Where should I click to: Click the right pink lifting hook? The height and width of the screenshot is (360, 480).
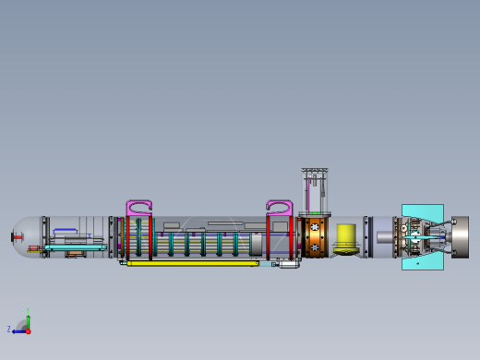(x=280, y=208)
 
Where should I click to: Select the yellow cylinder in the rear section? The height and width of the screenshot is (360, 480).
(x=346, y=237)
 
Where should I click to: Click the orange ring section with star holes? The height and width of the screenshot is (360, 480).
(x=315, y=237)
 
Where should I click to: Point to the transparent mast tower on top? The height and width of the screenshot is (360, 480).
(x=316, y=191)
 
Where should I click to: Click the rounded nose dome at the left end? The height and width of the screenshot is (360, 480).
(x=26, y=237)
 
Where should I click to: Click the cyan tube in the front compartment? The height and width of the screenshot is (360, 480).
(x=74, y=247)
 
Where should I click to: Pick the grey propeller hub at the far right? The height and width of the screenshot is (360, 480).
(x=459, y=237)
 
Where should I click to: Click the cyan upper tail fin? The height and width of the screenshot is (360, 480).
(x=422, y=211)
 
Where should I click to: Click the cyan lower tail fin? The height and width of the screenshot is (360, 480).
(x=422, y=262)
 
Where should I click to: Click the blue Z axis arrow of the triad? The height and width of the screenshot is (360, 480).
(x=19, y=330)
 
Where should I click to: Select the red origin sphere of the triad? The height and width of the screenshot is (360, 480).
(x=28, y=330)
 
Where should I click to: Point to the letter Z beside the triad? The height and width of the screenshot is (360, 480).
(x=9, y=329)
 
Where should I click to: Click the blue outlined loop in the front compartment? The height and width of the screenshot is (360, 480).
(x=66, y=233)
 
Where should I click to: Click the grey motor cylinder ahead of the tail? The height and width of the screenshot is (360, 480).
(x=383, y=237)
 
